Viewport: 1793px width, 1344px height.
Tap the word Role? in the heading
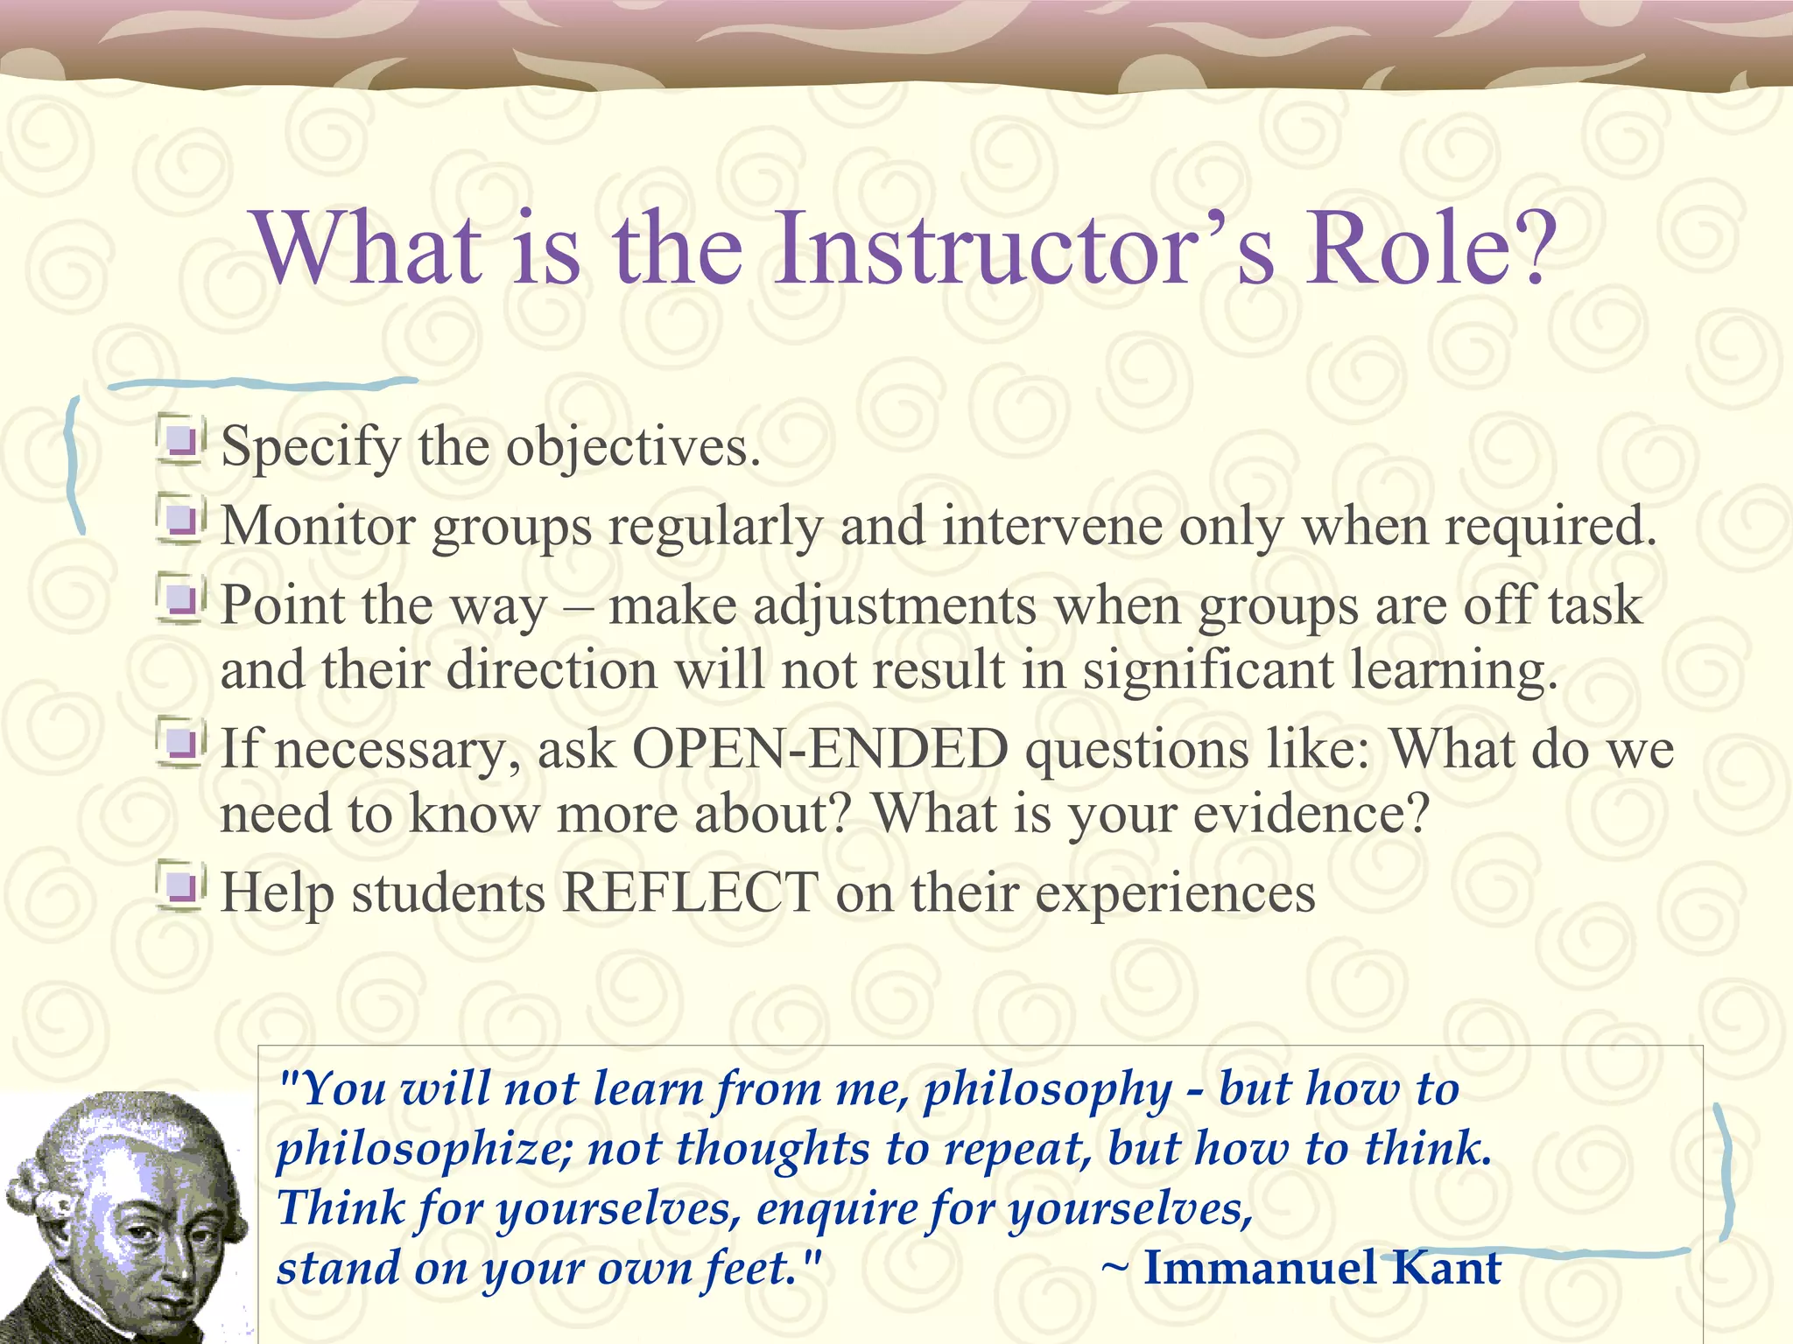(1431, 248)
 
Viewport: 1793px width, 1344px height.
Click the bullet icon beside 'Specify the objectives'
(181, 440)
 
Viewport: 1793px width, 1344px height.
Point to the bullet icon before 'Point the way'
(181, 598)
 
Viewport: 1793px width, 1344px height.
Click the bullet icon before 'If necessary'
(181, 743)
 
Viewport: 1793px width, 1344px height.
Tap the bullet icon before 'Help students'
(181, 886)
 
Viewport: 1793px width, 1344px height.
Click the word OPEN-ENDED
(819, 750)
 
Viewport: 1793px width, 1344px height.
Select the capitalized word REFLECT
(690, 893)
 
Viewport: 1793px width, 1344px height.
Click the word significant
(1207, 670)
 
